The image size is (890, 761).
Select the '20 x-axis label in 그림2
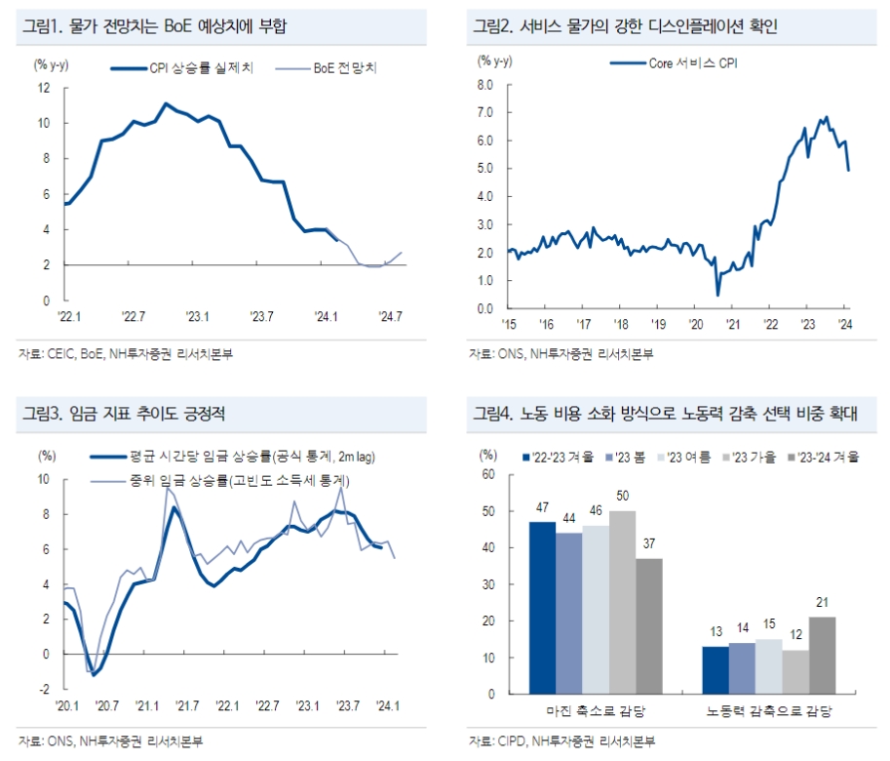pyautogui.click(x=695, y=324)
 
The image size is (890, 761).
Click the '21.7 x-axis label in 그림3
pyautogui.click(x=185, y=705)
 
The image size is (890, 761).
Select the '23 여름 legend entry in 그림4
pyautogui.click(x=688, y=456)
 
